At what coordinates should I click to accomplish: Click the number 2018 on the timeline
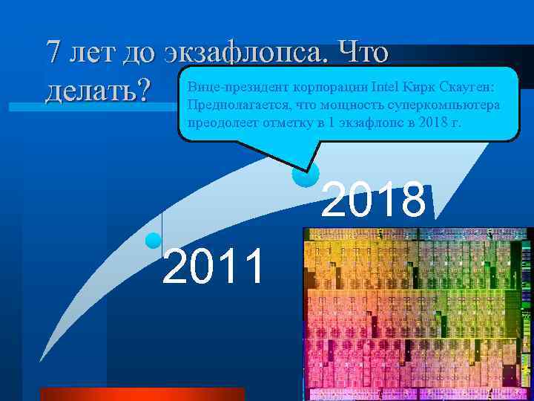pos(374,200)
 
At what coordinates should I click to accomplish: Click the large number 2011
pos(213,267)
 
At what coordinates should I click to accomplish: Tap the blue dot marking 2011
pos(154,240)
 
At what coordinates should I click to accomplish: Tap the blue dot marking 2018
pos(306,175)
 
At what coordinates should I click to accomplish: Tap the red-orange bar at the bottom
pos(142,394)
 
